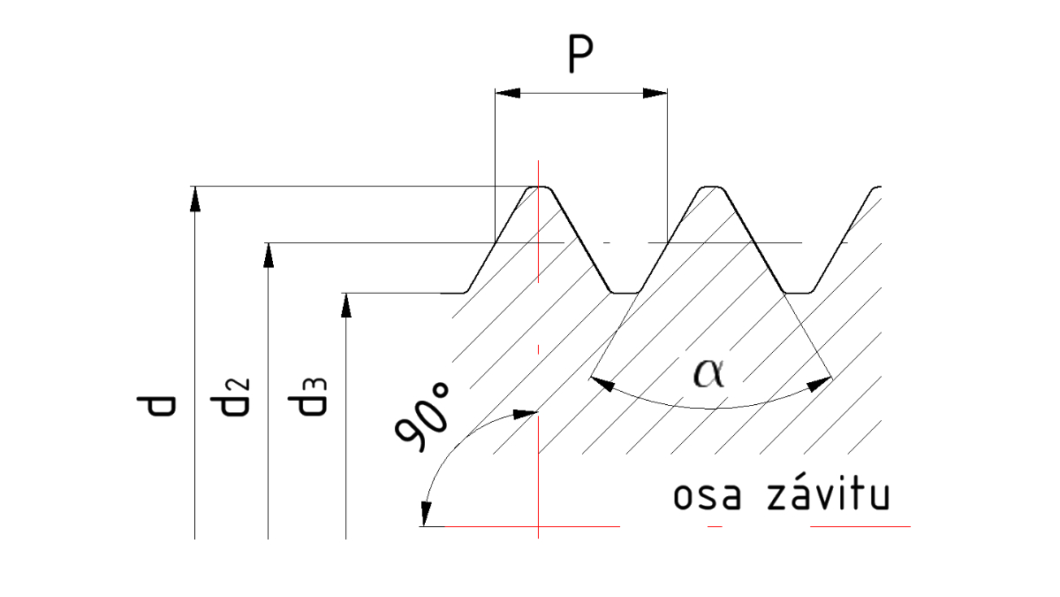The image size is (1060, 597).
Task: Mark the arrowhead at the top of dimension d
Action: (194, 199)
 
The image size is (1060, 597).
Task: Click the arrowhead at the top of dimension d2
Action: (268, 255)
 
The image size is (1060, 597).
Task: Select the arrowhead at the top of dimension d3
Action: (346, 304)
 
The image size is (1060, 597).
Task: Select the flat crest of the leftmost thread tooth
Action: (540, 188)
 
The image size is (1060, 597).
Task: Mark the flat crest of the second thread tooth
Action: (712, 188)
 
